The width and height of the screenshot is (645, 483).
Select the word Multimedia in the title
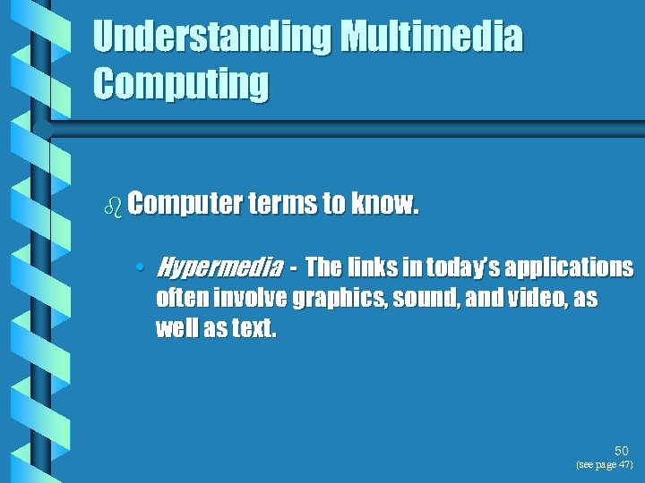pyautogui.click(x=432, y=38)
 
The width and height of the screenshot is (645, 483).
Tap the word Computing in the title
pyautogui.click(x=180, y=83)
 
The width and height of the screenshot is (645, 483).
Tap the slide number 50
pyautogui.click(x=622, y=452)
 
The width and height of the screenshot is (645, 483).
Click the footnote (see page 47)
pyautogui.click(x=605, y=465)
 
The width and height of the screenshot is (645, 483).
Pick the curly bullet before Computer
pyautogui.click(x=113, y=207)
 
